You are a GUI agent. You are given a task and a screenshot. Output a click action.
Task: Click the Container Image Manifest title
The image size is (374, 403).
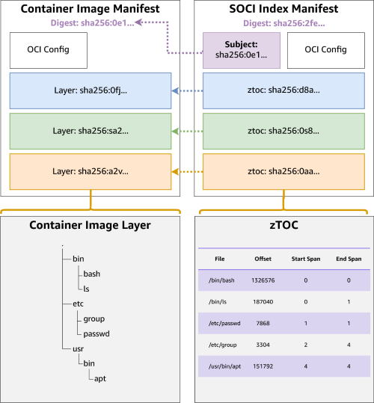click(x=90, y=10)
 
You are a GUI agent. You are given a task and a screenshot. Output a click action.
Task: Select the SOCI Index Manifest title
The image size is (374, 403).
click(x=283, y=10)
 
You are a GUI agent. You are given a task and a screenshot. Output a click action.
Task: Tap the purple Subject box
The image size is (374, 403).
click(x=241, y=50)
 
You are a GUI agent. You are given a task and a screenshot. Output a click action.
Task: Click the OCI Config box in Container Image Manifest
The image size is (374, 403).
click(x=49, y=50)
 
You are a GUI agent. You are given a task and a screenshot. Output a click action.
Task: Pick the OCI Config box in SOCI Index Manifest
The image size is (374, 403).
click(x=326, y=50)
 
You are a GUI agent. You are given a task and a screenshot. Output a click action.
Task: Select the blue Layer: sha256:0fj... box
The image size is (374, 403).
click(x=91, y=90)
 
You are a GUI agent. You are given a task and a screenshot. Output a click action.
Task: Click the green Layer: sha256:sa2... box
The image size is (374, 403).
click(x=91, y=130)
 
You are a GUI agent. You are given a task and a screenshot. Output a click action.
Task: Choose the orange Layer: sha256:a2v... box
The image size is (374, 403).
click(x=91, y=170)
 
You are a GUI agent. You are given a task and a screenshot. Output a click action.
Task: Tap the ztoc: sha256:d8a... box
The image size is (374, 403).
click(x=283, y=90)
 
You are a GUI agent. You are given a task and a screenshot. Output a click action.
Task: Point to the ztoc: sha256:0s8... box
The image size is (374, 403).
click(x=283, y=130)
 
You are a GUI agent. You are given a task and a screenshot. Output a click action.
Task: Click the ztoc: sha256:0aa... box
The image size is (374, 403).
click(x=283, y=170)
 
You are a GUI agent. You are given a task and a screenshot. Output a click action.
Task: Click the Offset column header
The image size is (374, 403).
click(x=263, y=259)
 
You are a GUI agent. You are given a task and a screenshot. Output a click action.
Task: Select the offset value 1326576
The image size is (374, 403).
click(x=263, y=280)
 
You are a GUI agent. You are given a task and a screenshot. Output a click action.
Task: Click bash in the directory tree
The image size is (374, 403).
click(x=91, y=274)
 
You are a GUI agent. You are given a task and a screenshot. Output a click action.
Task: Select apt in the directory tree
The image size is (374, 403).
click(x=100, y=378)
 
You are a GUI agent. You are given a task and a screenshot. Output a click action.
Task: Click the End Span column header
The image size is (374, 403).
click(x=349, y=259)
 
